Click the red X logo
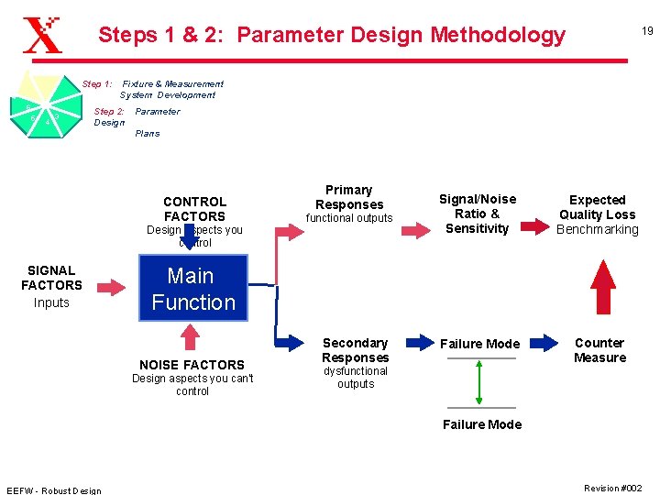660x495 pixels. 42,37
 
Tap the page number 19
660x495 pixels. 646,31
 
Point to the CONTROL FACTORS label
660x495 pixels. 194,209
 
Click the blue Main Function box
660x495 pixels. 193,289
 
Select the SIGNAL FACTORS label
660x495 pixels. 51,278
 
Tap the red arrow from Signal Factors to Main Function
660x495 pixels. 111,288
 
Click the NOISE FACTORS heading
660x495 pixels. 192,364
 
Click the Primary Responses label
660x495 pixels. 348,197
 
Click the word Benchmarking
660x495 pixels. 598,229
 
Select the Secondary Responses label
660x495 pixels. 355,350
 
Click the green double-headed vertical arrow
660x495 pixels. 479,382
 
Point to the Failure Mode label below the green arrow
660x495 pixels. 482,424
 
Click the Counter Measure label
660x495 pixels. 599,350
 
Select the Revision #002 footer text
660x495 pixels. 612,488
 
